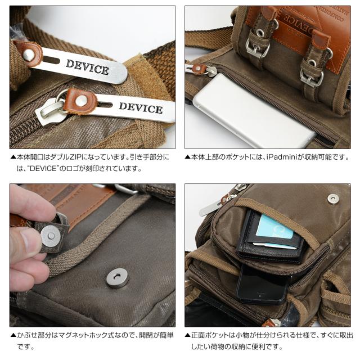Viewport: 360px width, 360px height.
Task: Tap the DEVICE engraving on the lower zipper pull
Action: tap(140, 107)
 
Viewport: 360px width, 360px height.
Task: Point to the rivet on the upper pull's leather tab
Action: tap(28, 55)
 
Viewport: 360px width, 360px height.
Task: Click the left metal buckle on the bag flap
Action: tap(257, 44)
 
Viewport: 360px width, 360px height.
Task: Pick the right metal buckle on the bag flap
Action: tap(312, 73)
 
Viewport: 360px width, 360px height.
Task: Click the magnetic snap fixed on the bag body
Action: tap(117, 277)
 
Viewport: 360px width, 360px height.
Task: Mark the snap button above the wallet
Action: tap(333, 198)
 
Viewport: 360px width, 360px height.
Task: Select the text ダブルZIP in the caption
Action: tap(65, 157)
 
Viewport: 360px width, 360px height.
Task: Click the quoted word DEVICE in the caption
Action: tap(38, 168)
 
